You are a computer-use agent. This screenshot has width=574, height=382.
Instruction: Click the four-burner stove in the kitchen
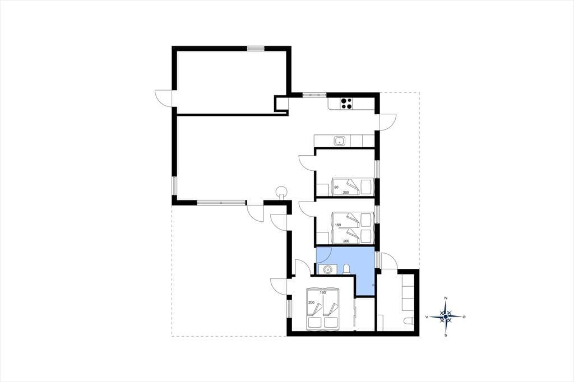[346, 104]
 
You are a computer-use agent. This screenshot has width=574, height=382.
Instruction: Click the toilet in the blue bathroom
[346, 269]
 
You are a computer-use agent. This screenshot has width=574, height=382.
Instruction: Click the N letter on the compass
[446, 298]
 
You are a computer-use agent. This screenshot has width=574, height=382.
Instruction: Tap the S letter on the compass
[446, 335]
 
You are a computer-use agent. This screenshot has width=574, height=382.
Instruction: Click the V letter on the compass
[427, 317]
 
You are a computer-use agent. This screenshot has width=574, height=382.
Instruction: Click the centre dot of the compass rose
[446, 317]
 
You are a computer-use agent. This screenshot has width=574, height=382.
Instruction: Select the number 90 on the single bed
[336, 187]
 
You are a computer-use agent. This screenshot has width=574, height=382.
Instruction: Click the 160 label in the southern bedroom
[322, 292]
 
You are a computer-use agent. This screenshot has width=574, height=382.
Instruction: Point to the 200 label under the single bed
[345, 193]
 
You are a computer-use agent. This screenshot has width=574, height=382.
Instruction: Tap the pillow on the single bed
[367, 187]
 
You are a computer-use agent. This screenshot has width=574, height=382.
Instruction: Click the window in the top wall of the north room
[256, 48]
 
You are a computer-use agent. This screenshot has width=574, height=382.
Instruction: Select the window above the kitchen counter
[314, 95]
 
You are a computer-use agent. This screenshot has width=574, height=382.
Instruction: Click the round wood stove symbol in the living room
[281, 192]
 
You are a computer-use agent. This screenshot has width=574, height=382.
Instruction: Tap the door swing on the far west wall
[164, 97]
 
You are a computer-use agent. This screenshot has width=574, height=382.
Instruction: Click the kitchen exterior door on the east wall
[388, 122]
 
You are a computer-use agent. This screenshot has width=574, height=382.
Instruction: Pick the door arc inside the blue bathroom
[324, 255]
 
